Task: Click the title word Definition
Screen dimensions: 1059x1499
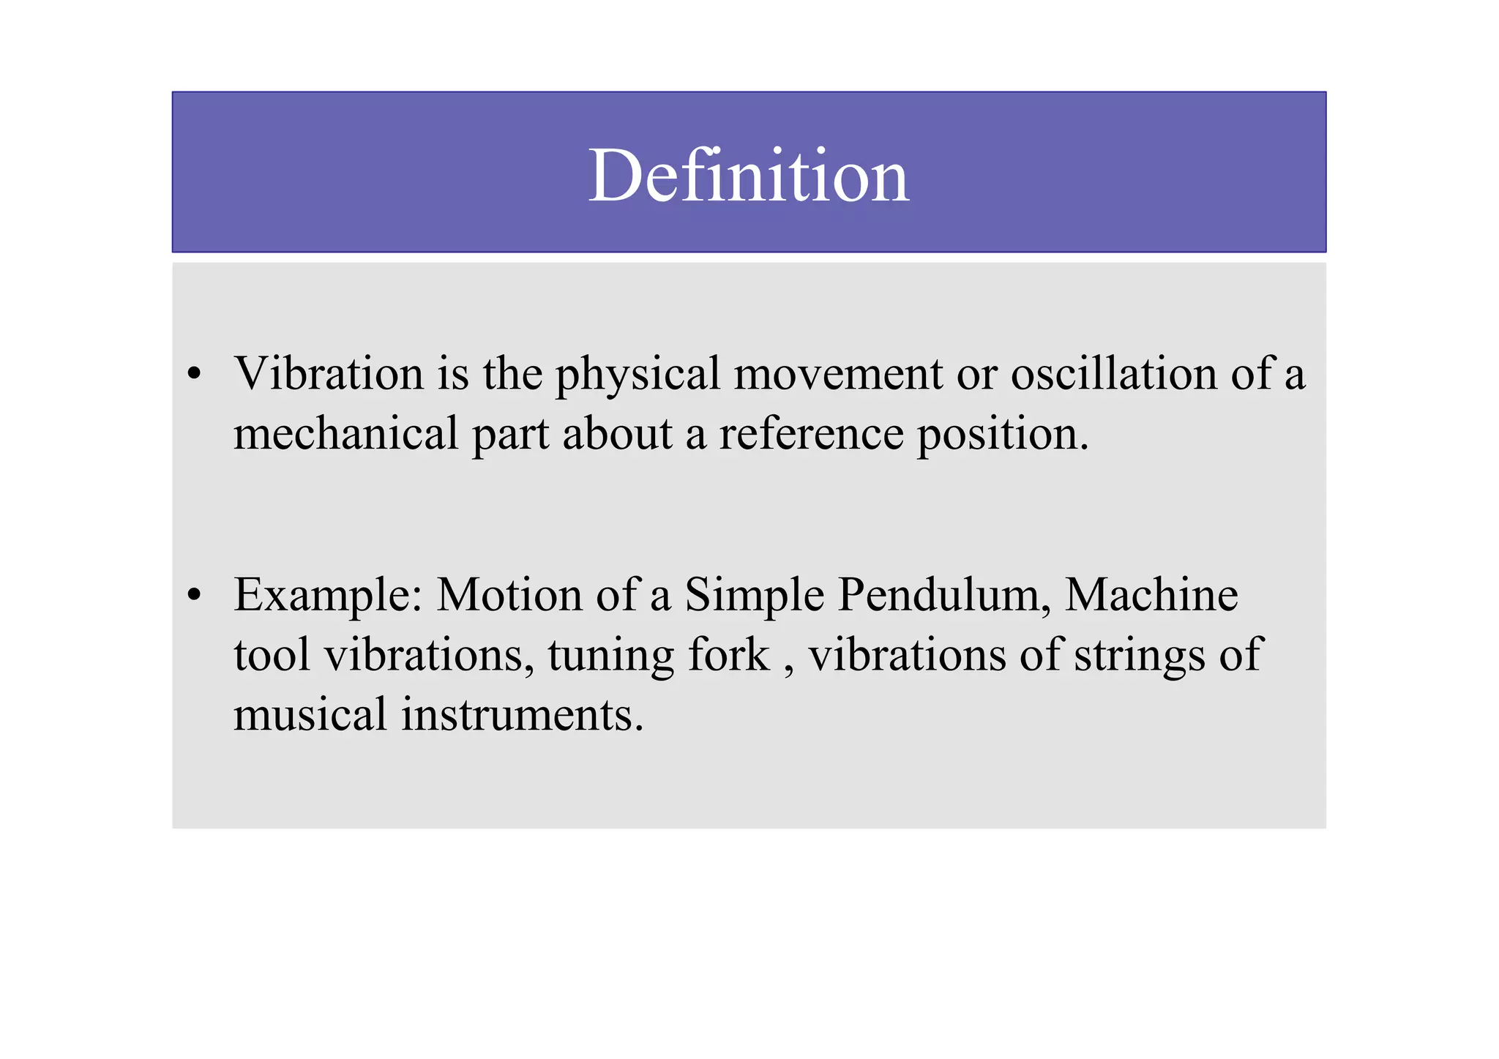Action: [x=748, y=176]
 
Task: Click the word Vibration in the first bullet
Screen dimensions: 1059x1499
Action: [x=329, y=374]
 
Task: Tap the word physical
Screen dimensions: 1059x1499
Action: [x=638, y=375]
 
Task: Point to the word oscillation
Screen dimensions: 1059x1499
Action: [x=1113, y=374]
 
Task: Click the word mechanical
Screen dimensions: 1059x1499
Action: [x=345, y=433]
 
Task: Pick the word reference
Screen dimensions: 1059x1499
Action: [x=811, y=433]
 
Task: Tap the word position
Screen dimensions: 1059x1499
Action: [x=1003, y=435]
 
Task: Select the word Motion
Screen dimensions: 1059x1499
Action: [x=509, y=595]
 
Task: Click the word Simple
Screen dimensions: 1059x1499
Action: [x=755, y=595]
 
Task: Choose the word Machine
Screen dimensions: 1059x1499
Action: [x=1151, y=595]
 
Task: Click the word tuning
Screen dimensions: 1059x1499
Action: [x=610, y=656]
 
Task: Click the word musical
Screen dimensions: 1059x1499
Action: [x=310, y=714]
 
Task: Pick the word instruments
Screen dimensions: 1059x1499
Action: [x=522, y=714]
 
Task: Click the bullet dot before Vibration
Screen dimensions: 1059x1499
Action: [x=194, y=375]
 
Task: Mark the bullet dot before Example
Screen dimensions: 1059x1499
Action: [x=194, y=595]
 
